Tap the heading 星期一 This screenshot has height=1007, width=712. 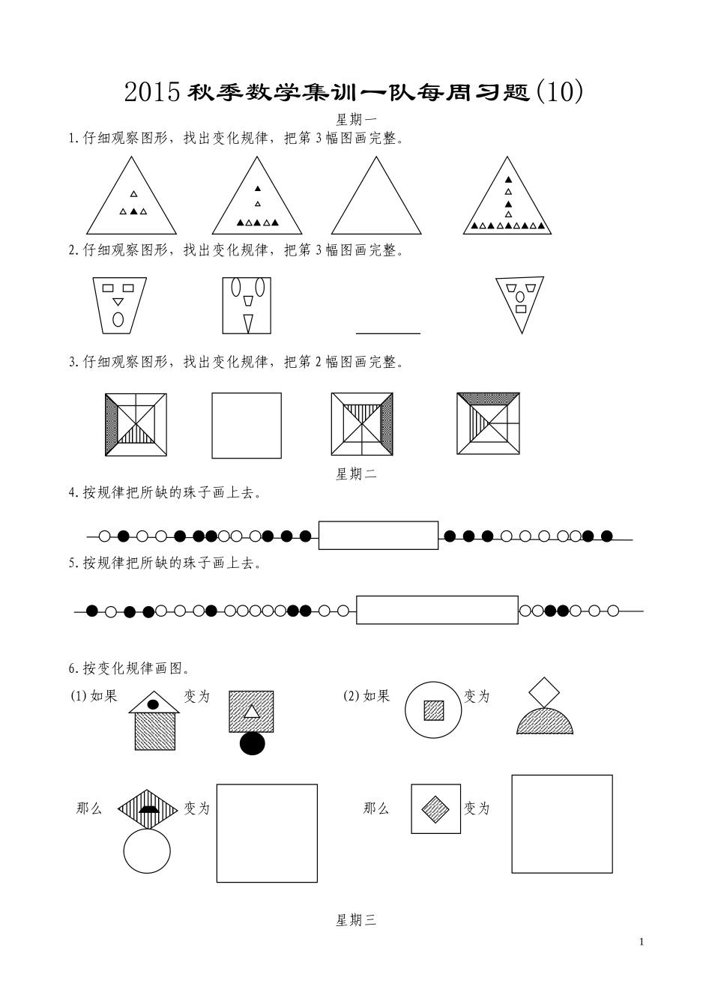355,118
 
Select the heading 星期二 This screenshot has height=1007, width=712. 355,474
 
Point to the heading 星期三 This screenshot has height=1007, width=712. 355,920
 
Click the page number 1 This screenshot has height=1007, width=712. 642,942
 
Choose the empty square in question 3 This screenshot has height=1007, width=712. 247,426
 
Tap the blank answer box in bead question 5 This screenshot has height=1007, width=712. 437,610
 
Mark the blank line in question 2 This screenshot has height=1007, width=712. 387,332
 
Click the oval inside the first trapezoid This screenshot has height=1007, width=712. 118,319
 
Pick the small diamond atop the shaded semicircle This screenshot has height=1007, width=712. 545,691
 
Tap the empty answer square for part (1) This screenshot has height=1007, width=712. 267,832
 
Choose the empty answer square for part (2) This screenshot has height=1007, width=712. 561,824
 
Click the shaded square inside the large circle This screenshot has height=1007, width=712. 434,710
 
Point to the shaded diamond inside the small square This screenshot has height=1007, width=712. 435,808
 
